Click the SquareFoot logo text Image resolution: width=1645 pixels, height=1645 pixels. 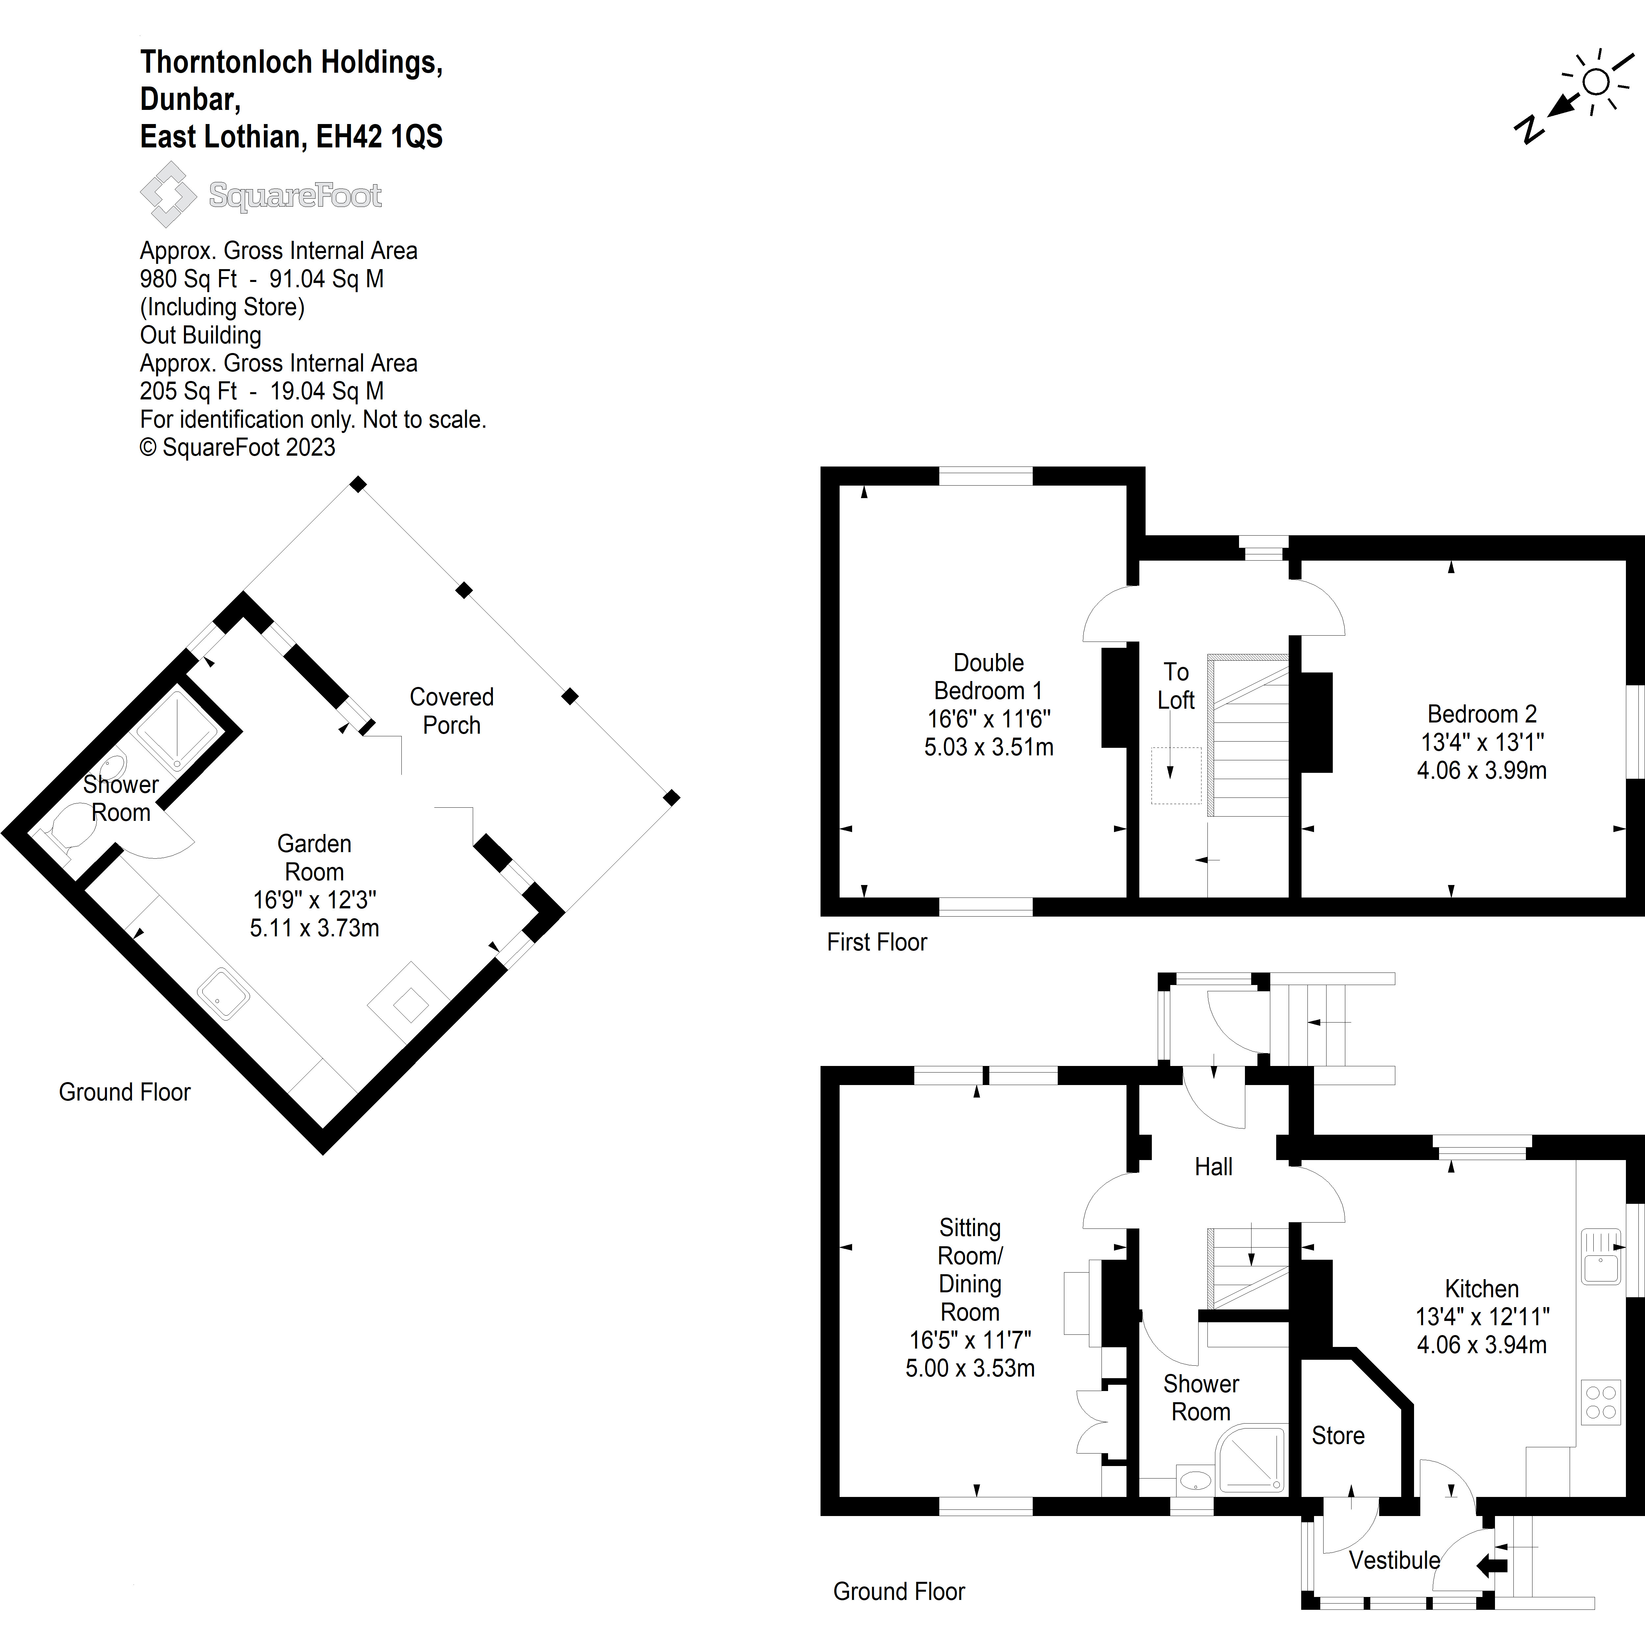point(294,196)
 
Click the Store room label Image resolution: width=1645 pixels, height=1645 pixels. point(1338,1435)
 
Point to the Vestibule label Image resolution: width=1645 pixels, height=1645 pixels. point(1394,1561)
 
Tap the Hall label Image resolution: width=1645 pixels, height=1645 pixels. point(1213,1167)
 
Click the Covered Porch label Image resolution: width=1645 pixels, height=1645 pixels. point(451,711)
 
